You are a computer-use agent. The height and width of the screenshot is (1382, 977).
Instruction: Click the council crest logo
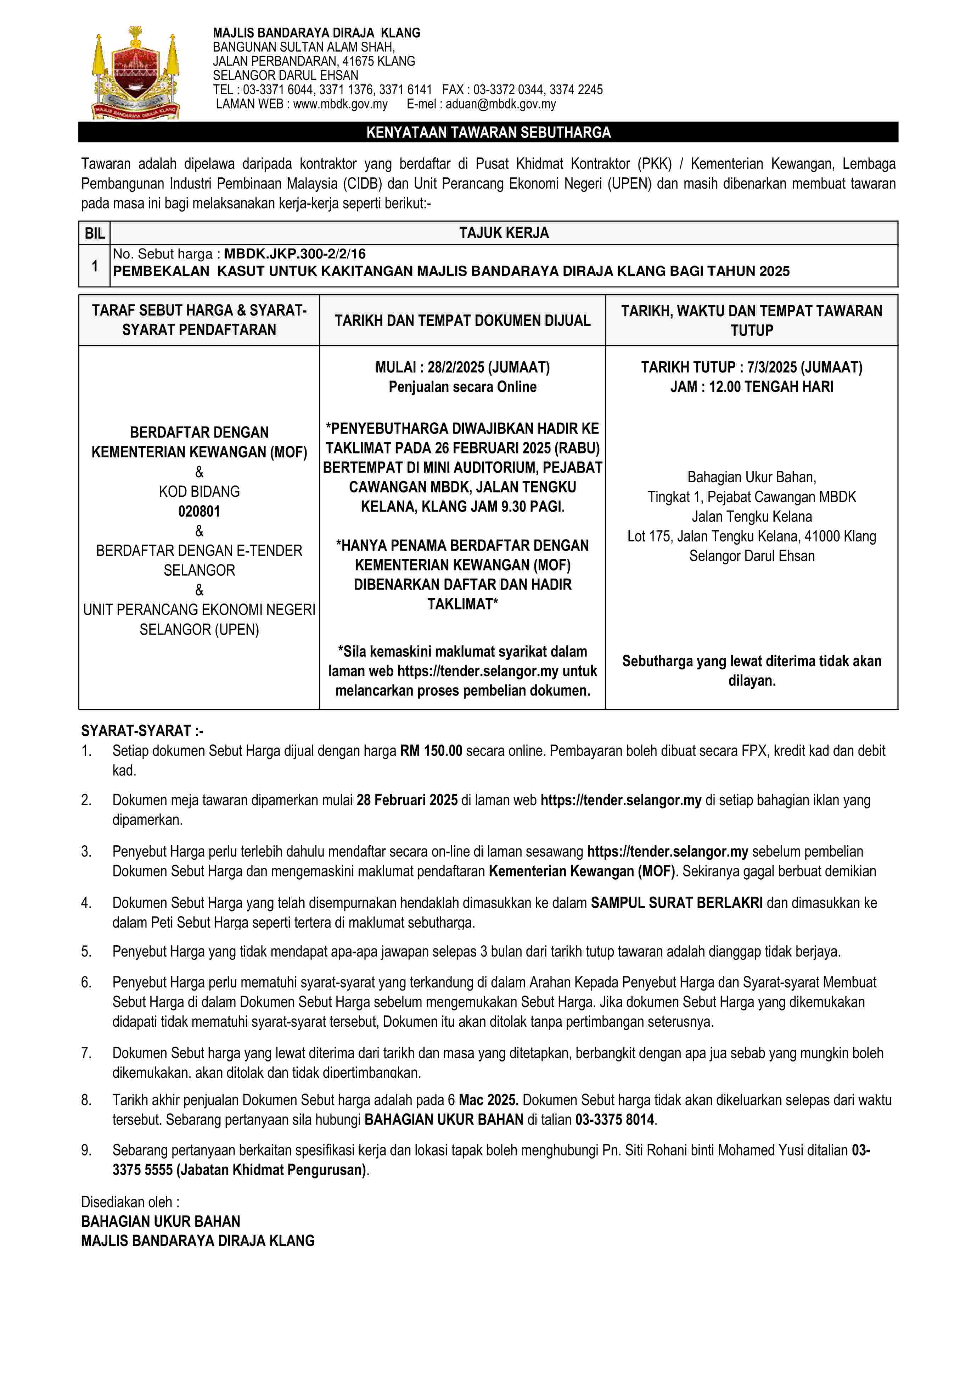(135, 73)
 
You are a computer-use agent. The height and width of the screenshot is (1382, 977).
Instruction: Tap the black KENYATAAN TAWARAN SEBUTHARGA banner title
(488, 133)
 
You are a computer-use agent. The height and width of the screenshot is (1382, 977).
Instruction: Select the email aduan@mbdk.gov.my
(500, 104)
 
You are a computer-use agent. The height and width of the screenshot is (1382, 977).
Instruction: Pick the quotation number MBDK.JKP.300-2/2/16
(295, 254)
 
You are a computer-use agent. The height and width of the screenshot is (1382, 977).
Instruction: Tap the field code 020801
(199, 512)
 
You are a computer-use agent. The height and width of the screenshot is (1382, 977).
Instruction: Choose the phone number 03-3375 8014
(614, 1120)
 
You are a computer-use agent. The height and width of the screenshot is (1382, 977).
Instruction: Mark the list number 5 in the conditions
(86, 952)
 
